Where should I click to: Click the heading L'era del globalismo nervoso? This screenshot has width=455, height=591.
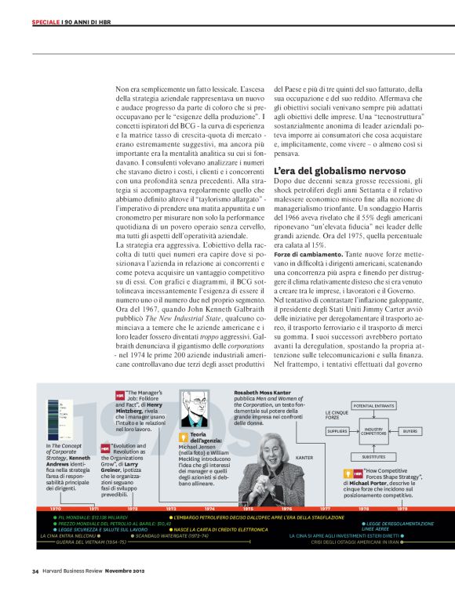pos(328,170)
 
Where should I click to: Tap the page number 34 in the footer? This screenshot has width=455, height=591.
pos(35,570)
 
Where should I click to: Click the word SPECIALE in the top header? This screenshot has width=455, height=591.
pos(45,21)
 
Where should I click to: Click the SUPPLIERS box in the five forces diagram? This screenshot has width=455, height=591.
pos(337,432)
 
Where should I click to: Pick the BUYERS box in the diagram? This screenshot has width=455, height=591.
pos(409,432)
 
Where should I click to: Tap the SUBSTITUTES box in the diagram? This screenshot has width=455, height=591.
pos(373,456)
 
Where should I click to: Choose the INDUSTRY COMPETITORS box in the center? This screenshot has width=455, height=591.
pos(373,432)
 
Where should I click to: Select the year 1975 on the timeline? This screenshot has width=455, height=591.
pos(248,509)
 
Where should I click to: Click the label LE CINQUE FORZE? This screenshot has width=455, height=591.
pos(337,415)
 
